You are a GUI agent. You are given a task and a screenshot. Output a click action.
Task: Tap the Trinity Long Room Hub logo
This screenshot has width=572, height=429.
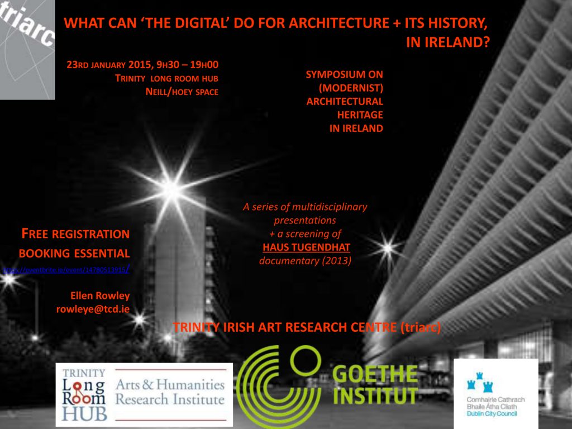coord(84,394)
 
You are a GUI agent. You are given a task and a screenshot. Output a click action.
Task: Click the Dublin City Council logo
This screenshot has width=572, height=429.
coord(495,393)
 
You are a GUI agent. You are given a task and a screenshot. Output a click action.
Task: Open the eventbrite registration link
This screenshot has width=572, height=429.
coord(66,270)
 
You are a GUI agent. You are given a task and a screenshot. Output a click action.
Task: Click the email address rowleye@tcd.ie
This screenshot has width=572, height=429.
coord(93,308)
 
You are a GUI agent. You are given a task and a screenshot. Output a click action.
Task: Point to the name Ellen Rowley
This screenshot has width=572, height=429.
coord(100,295)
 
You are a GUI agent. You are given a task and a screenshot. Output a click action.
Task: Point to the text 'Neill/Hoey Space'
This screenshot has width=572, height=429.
coord(182,92)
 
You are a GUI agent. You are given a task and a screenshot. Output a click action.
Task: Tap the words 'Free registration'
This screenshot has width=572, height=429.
coord(75,233)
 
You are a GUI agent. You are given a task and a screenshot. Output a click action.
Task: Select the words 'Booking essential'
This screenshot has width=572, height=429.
coord(74,252)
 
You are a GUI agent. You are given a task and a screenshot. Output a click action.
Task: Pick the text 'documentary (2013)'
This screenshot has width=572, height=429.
coord(306,260)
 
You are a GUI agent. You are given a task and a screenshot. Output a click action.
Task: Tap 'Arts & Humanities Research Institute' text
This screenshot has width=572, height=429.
coord(170,392)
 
